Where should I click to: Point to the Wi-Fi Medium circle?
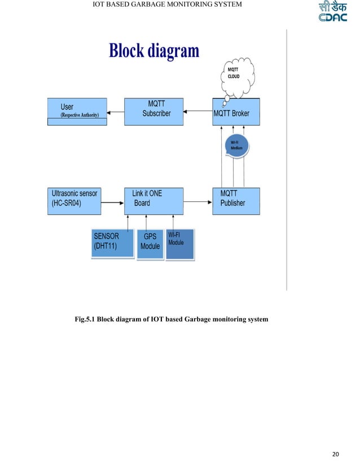pos(236,146)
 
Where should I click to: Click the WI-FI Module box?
pos(179,244)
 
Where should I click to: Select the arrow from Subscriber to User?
pos(117,113)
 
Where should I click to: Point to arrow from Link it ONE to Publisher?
pos(197,201)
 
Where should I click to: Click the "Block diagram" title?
pos(154,51)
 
